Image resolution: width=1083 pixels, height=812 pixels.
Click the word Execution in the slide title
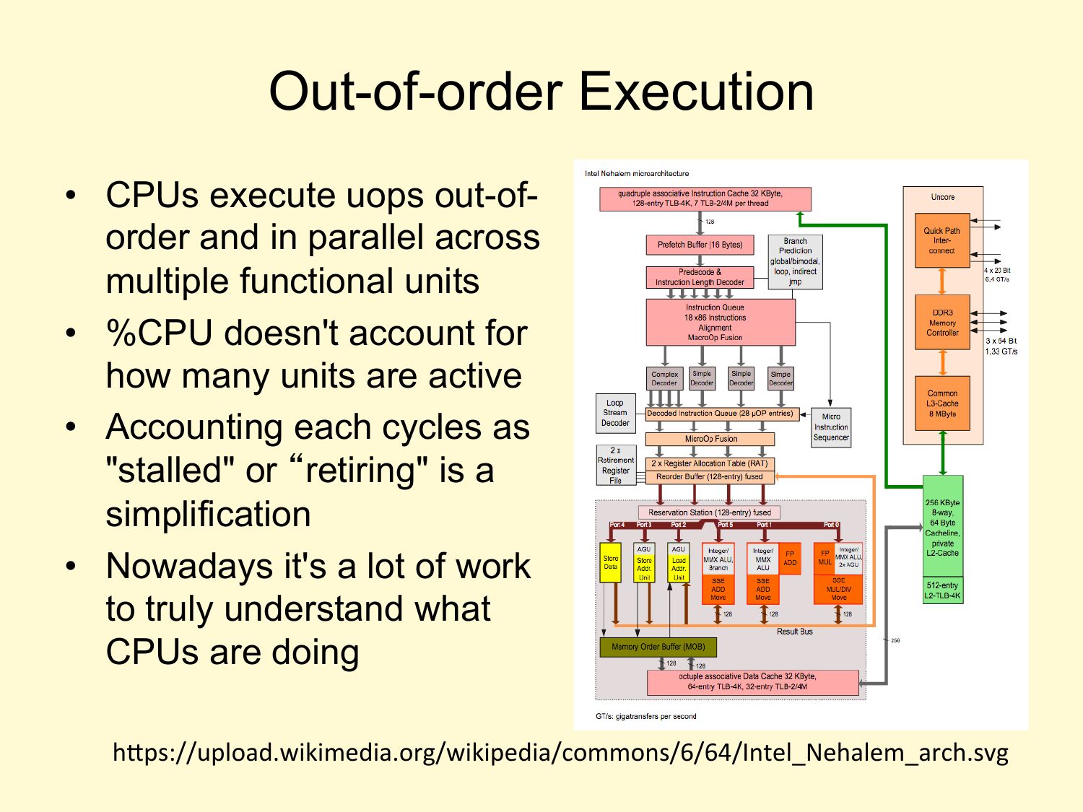point(697,92)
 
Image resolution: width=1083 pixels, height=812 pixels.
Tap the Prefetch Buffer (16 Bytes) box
point(700,245)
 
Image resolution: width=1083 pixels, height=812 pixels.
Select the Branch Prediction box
point(795,262)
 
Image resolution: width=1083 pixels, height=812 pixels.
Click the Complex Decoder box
point(664,378)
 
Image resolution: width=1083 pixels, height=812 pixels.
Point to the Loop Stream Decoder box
point(615,414)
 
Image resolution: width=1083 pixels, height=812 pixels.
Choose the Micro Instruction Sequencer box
point(831,427)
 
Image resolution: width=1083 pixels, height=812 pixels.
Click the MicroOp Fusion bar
point(710,439)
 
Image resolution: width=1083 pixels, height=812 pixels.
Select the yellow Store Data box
point(611,563)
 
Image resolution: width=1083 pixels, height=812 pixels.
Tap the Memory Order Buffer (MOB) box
point(658,647)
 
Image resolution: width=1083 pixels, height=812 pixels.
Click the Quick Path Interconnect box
point(941,241)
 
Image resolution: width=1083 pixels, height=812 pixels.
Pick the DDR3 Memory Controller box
point(942,323)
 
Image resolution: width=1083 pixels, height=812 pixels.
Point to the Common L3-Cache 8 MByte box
point(942,403)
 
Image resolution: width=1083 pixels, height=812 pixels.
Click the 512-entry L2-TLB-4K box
point(942,590)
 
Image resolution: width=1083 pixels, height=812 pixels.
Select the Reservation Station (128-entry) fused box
point(709,512)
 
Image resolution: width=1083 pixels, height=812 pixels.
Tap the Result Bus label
point(794,632)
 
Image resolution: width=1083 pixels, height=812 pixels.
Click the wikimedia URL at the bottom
point(560,753)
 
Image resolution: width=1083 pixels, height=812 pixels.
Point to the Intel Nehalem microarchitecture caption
point(637,174)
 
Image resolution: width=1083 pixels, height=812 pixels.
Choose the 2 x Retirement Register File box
point(615,465)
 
